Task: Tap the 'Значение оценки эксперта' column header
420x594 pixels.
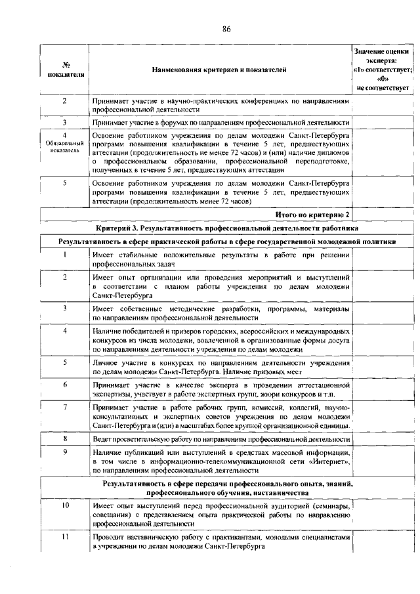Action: [x=382, y=69]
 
